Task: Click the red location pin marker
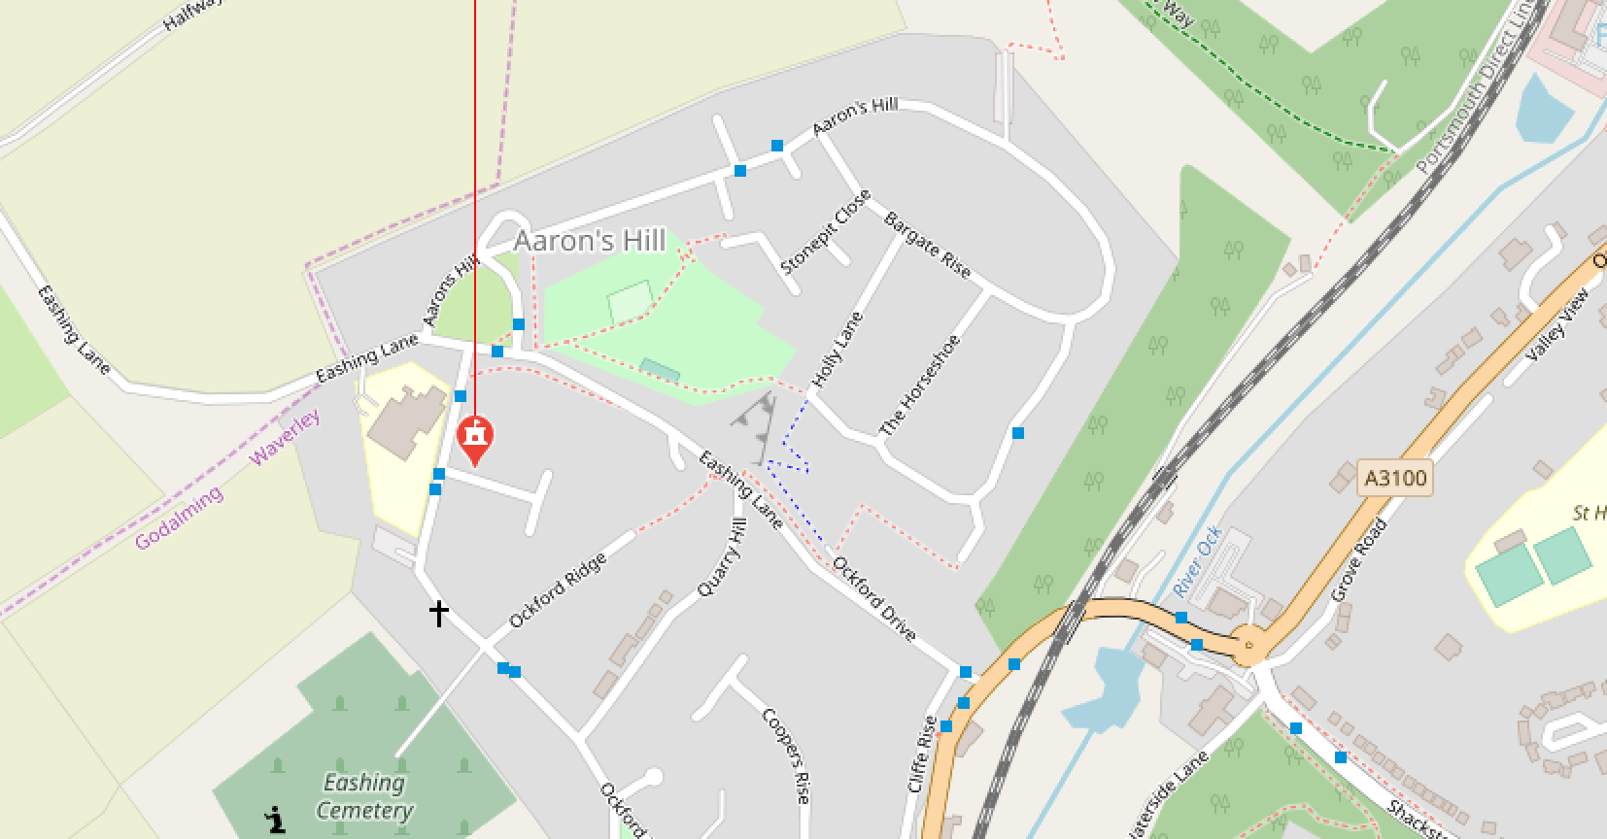(475, 439)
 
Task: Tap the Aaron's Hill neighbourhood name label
(590, 241)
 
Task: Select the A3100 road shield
(1394, 478)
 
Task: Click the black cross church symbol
(439, 614)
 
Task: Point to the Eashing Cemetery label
(364, 796)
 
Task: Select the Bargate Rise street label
(927, 245)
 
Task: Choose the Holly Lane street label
(838, 350)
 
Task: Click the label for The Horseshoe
(919, 386)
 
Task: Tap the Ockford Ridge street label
(558, 589)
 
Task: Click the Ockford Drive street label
(873, 598)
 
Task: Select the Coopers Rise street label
(786, 755)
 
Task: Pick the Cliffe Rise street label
(922, 754)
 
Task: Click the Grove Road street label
(1358, 559)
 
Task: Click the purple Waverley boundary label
(285, 437)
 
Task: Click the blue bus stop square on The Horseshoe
(1018, 433)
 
